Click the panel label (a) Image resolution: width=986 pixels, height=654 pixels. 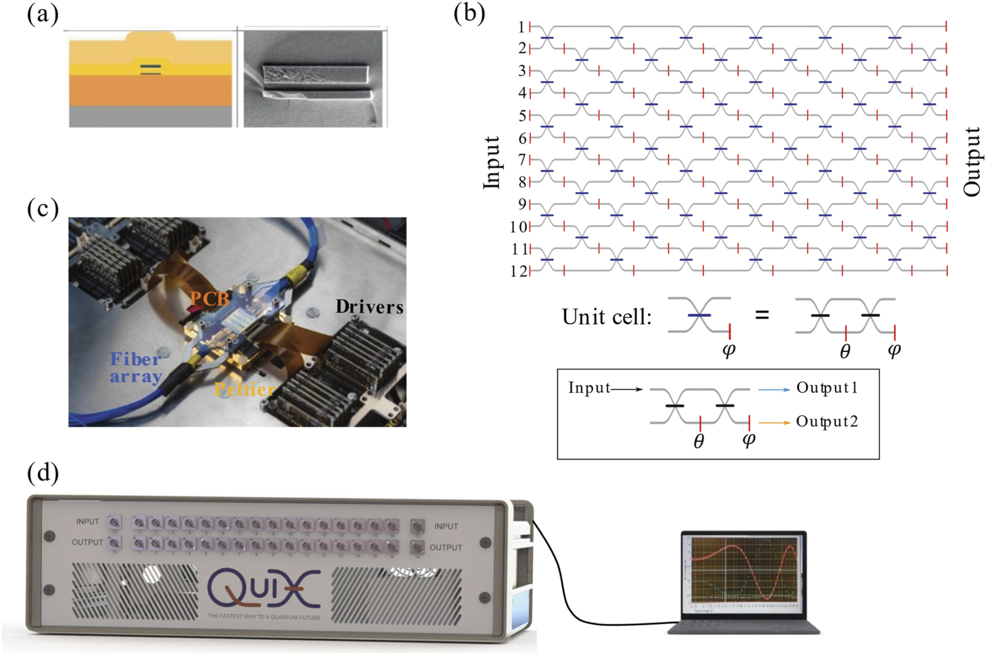42,15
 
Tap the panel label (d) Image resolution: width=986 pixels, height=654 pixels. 42,473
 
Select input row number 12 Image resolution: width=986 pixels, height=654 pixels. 518,271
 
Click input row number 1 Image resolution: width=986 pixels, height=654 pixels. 522,27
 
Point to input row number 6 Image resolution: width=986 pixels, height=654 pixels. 522,138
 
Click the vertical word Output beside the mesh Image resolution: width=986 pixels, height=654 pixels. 971,161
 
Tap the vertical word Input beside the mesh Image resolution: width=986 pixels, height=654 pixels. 492,163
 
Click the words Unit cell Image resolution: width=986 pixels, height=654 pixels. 606,317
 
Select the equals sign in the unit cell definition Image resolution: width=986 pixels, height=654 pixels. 762,315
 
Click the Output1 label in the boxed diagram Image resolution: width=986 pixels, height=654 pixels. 827,388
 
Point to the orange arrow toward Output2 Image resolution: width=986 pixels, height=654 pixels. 774,423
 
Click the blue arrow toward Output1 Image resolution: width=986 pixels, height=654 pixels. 774,389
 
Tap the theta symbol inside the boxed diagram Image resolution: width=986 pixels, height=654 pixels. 698,442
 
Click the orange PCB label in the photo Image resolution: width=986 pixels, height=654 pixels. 209,299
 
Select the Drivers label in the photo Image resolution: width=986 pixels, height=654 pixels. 369,307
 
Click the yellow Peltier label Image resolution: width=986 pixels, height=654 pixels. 244,389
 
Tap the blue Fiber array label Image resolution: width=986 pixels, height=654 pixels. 136,367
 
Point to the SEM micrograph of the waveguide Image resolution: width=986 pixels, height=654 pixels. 315,78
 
